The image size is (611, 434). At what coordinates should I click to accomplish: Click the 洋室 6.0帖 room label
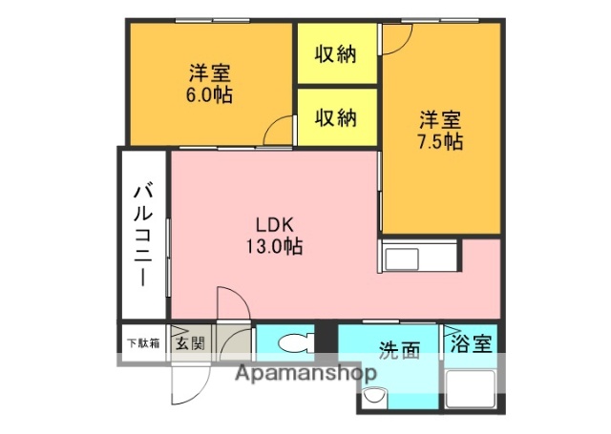209,83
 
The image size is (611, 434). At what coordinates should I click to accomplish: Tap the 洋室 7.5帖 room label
440,131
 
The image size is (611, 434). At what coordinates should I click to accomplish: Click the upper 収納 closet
336,54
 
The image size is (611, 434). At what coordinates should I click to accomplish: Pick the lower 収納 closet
336,117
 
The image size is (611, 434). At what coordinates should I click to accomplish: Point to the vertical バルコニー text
141,233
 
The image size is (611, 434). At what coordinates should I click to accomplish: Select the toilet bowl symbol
295,341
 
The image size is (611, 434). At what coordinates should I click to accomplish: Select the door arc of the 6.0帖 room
279,131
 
